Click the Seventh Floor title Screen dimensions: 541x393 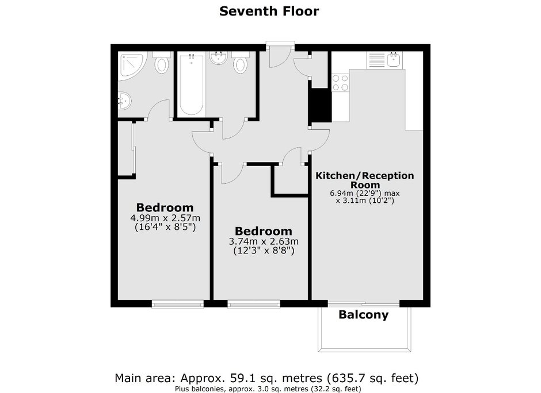[269, 11]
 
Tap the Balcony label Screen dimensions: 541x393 [363, 314]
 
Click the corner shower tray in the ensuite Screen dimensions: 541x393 [132, 66]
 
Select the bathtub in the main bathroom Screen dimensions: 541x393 [192, 84]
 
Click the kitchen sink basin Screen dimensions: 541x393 [394, 60]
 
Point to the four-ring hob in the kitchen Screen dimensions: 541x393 [340, 83]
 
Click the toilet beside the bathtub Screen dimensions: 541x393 [240, 63]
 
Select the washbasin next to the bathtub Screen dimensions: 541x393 [218, 57]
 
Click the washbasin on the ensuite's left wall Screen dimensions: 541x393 [124, 101]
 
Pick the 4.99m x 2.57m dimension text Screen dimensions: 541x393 [165, 218]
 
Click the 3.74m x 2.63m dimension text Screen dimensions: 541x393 [264, 241]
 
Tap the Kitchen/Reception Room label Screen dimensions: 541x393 [365, 180]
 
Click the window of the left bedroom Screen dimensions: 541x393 [178, 303]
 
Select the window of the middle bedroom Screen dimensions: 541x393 [254, 303]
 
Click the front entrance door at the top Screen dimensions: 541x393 [280, 55]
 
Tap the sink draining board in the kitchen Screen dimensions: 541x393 [376, 60]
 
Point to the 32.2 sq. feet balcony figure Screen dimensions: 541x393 [336, 389]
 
